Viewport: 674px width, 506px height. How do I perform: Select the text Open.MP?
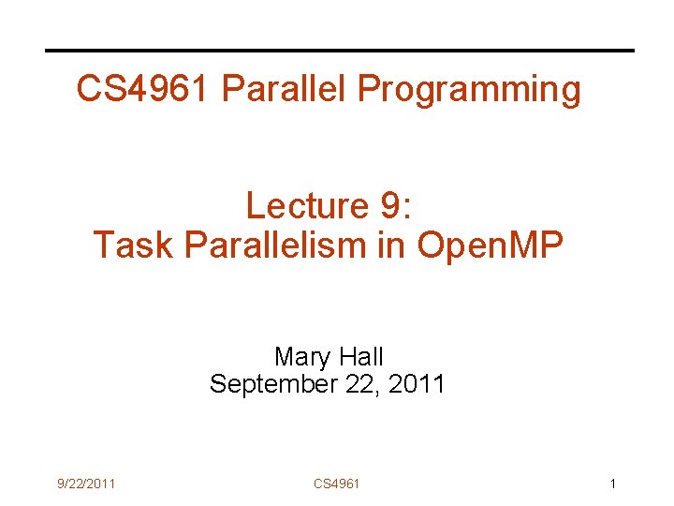[x=491, y=246]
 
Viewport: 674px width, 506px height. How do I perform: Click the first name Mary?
[x=301, y=357]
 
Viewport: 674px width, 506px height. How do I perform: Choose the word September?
[x=276, y=384]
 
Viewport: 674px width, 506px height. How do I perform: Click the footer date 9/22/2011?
[x=85, y=484]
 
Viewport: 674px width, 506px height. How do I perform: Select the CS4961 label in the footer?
[x=336, y=484]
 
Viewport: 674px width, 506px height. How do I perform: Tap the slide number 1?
[x=612, y=484]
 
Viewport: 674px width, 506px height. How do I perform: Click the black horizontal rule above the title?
[x=340, y=51]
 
